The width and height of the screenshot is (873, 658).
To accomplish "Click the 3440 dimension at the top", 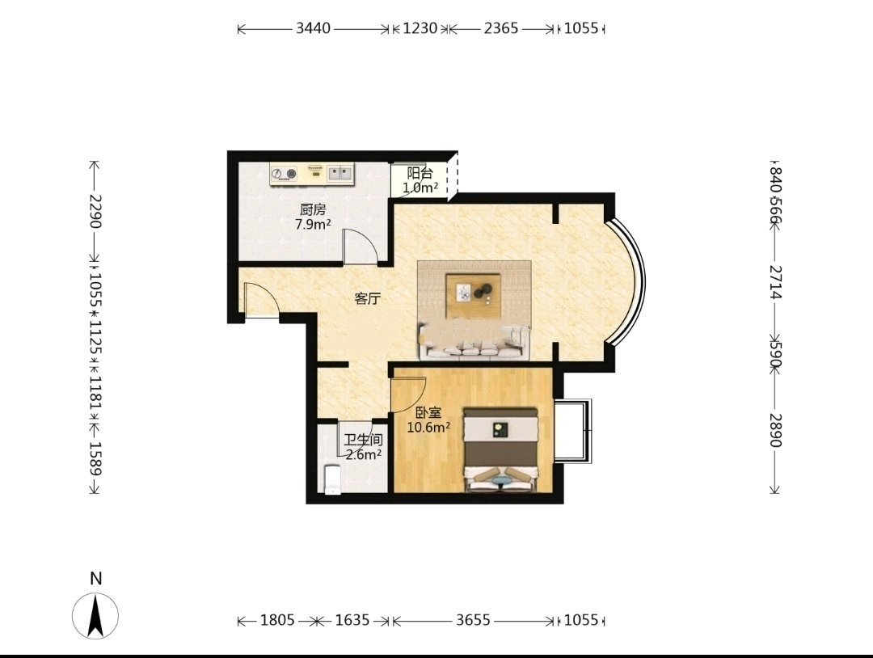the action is coord(313,27).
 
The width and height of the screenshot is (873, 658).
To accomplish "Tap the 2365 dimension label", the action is coord(500,27).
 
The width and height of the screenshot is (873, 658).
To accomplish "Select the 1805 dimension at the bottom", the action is coord(277,619).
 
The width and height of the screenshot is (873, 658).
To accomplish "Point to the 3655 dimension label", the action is coord(473,619).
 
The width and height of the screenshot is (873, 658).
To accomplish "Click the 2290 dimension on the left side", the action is coord(95,212).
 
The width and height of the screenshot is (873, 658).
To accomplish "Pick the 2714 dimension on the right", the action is coord(775,281).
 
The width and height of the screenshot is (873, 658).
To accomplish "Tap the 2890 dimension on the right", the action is coord(775,430).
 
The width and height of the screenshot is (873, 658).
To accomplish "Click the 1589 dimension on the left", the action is coord(95,458).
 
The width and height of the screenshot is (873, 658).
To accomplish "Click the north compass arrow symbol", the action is coord(95,616).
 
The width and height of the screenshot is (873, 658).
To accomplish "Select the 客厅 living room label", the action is coord(368,299).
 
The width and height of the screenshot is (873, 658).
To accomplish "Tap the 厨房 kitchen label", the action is coord(313,210).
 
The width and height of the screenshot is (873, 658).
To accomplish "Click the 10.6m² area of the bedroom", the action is coord(428,428).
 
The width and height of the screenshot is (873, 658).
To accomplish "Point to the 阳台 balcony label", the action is coord(420,173).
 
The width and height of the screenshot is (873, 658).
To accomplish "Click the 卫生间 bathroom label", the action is coord(363,441).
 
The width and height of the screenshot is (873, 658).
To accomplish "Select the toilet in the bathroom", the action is coord(332,479).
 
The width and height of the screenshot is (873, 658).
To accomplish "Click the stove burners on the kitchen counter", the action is coord(285,175).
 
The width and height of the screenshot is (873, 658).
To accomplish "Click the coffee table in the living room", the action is coord(474,290).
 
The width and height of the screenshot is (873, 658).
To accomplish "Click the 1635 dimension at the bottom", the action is coord(352,619).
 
